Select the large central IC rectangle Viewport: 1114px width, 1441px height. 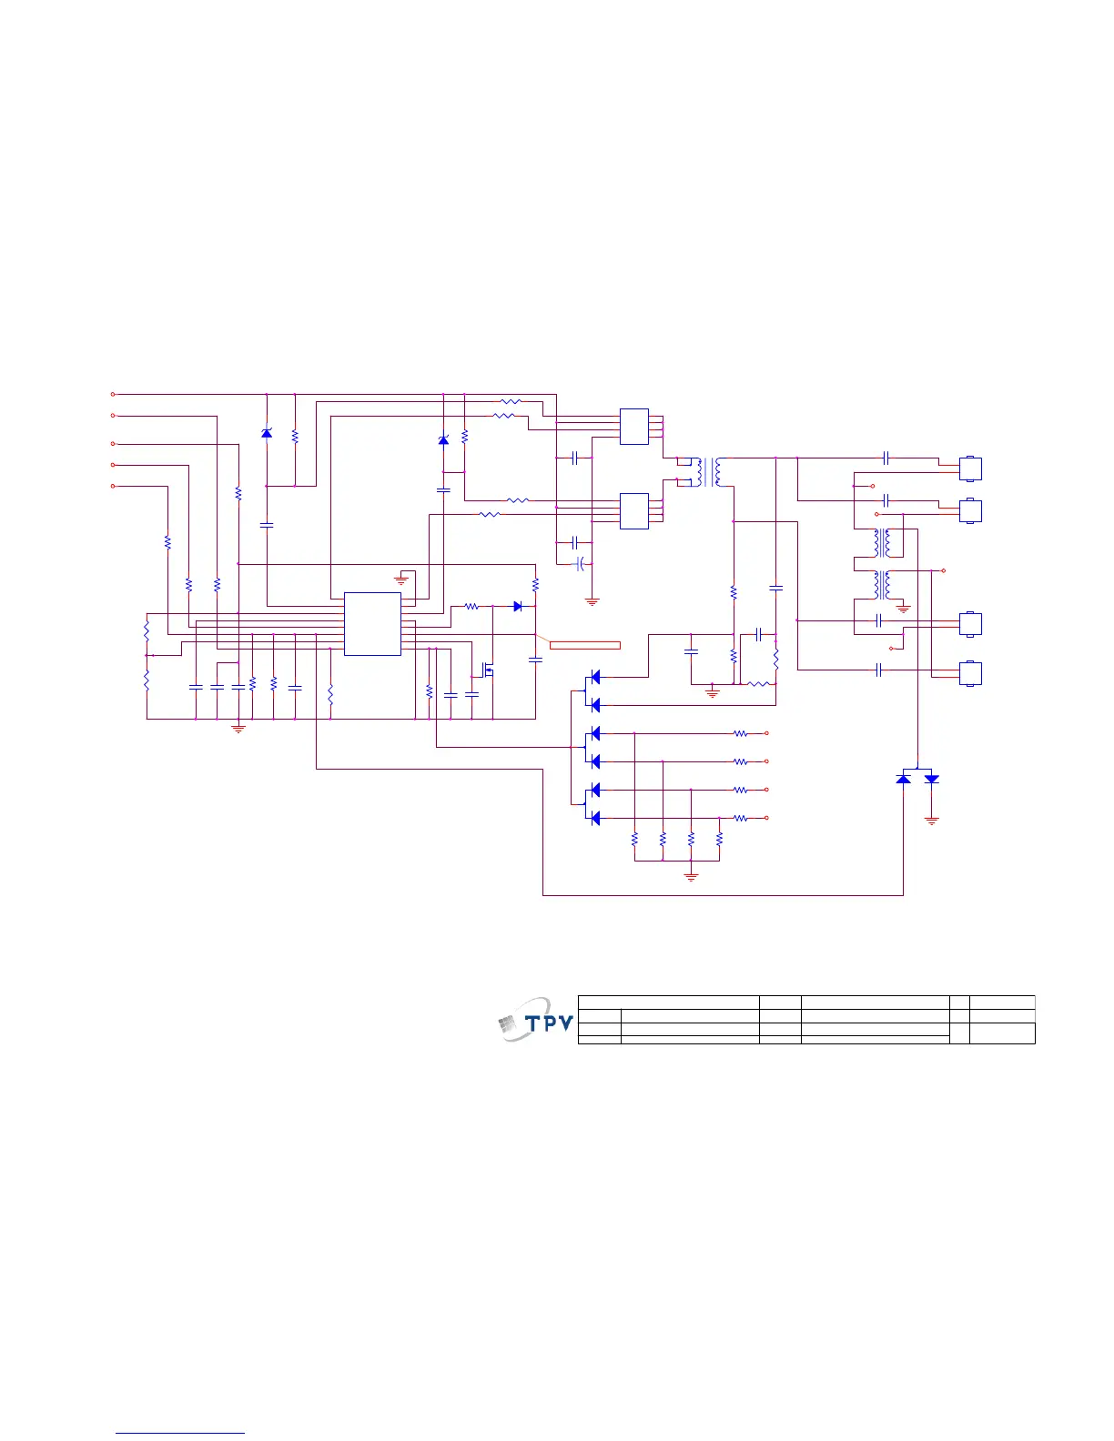(372, 623)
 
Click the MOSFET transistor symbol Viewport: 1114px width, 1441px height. (488, 672)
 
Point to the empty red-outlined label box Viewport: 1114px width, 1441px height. (584, 645)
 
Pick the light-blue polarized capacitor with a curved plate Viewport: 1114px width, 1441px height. (579, 565)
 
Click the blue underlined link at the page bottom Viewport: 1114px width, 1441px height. (181, 1433)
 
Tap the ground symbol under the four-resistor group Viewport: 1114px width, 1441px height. (691, 876)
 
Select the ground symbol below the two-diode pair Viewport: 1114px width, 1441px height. (931, 820)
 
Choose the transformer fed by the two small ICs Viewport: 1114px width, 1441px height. (709, 471)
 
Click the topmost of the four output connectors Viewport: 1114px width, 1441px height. (971, 469)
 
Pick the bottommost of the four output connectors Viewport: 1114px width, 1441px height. (971, 673)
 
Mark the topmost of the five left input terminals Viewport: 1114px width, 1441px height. (113, 394)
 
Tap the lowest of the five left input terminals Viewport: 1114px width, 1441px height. (113, 486)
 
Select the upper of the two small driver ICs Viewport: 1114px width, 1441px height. (634, 427)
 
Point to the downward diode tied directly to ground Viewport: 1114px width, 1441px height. (931, 779)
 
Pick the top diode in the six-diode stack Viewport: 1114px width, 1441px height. (595, 676)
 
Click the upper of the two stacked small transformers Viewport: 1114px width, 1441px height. (882, 542)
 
